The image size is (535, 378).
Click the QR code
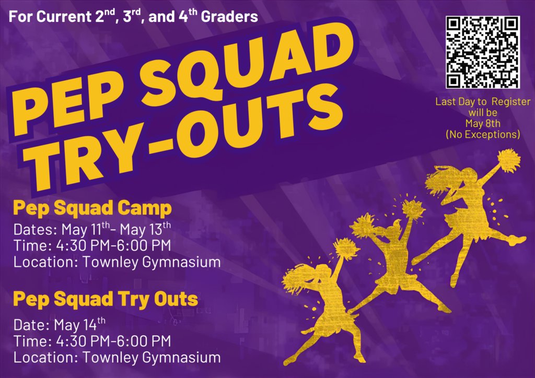click(x=482, y=52)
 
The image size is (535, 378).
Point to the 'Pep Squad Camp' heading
click(x=92, y=208)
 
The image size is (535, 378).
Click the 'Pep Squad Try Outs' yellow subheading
click(x=106, y=299)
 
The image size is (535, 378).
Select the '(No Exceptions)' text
click(x=483, y=135)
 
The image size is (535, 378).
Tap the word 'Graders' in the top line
click(x=231, y=17)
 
